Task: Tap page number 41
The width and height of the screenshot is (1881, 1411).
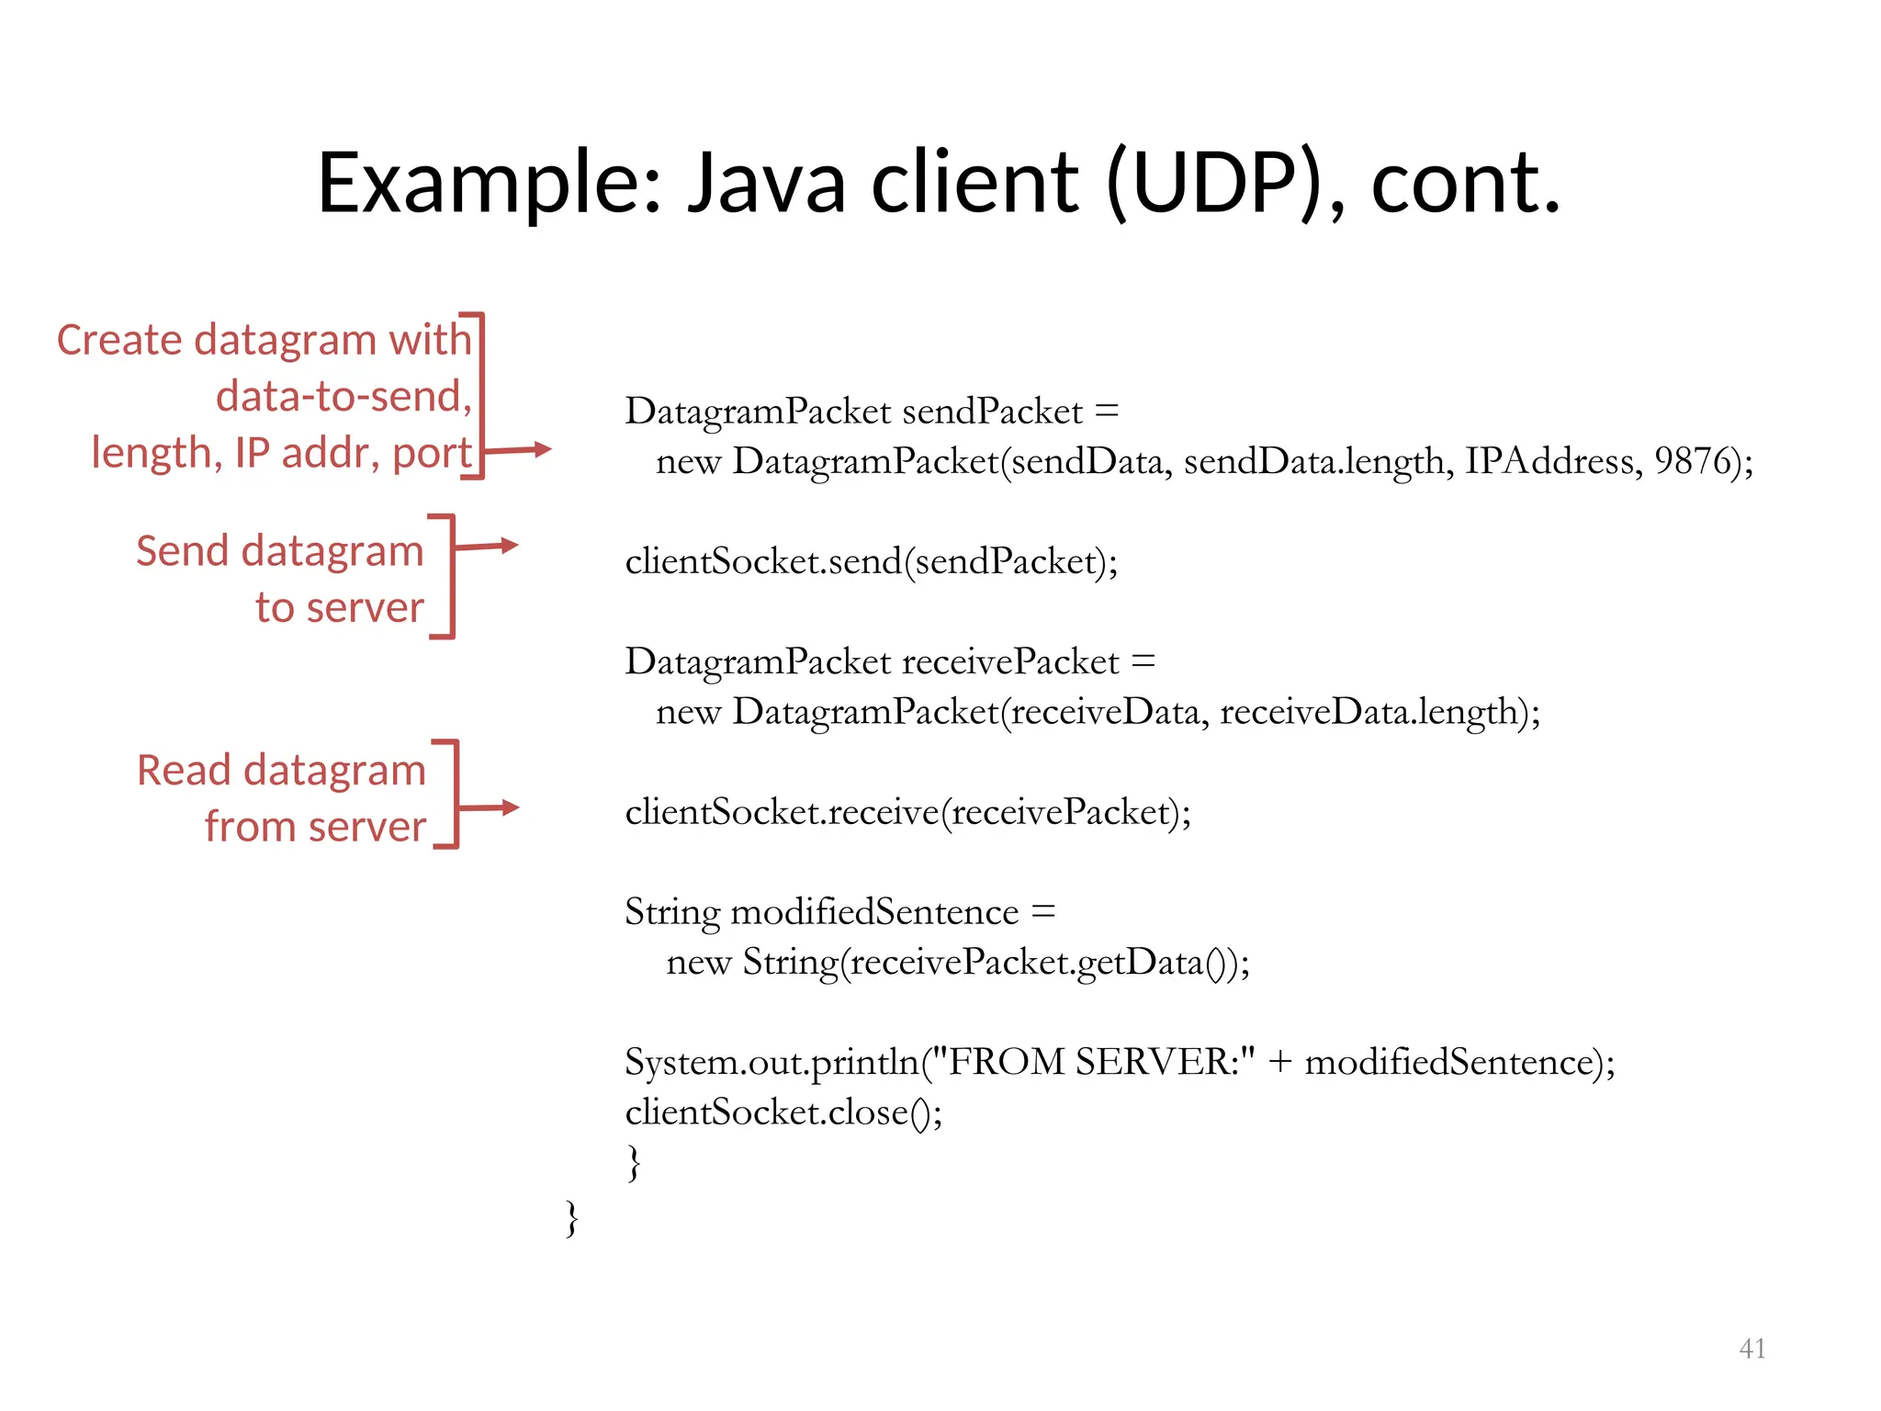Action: tap(1751, 1349)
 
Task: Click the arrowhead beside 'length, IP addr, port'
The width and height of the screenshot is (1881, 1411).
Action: tap(542, 449)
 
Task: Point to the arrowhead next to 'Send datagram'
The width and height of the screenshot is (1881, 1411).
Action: tap(509, 546)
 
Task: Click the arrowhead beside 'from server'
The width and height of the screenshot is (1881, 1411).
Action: tap(510, 807)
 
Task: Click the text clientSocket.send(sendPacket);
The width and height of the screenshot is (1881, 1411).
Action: tap(871, 561)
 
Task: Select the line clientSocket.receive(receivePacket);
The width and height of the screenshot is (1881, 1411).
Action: tap(907, 812)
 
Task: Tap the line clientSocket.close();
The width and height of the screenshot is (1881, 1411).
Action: tap(783, 1112)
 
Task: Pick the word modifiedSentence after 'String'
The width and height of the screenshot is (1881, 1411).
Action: tap(874, 912)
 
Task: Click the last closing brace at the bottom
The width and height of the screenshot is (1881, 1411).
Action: tap(571, 1218)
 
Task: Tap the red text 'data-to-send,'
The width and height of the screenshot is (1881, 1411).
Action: tap(344, 397)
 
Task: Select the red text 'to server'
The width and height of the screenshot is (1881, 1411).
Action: tap(339, 608)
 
